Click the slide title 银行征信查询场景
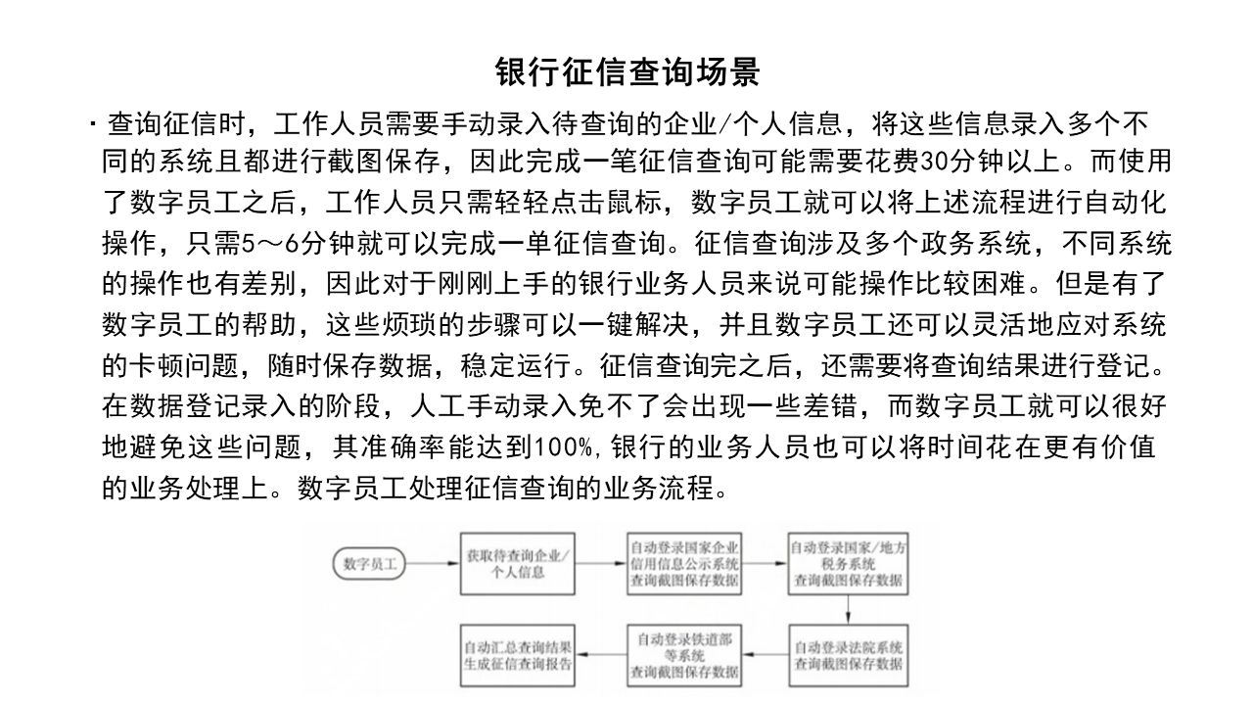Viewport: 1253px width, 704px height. tap(626, 72)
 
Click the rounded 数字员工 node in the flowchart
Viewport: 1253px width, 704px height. tap(369, 564)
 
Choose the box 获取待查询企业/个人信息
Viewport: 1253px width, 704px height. tap(517, 564)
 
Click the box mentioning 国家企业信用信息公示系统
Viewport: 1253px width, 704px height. tap(684, 564)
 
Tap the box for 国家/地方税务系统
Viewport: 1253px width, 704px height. tap(848, 564)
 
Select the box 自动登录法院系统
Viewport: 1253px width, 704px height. tap(848, 655)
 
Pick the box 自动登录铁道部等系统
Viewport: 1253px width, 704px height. tap(684, 655)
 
